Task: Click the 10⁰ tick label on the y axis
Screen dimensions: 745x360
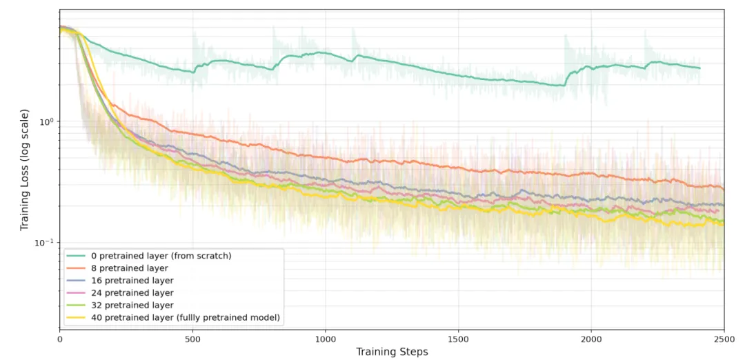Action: coord(46,121)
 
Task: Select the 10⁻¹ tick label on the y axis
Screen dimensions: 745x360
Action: coord(45,242)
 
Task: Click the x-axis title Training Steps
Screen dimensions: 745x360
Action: coord(392,352)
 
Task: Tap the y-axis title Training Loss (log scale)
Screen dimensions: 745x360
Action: coord(24,170)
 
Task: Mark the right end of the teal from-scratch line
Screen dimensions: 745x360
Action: coord(699,68)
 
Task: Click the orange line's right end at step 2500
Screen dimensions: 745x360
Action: coord(724,190)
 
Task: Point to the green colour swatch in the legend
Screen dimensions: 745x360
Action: coord(76,305)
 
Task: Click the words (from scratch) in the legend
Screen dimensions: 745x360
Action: coord(206,255)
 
